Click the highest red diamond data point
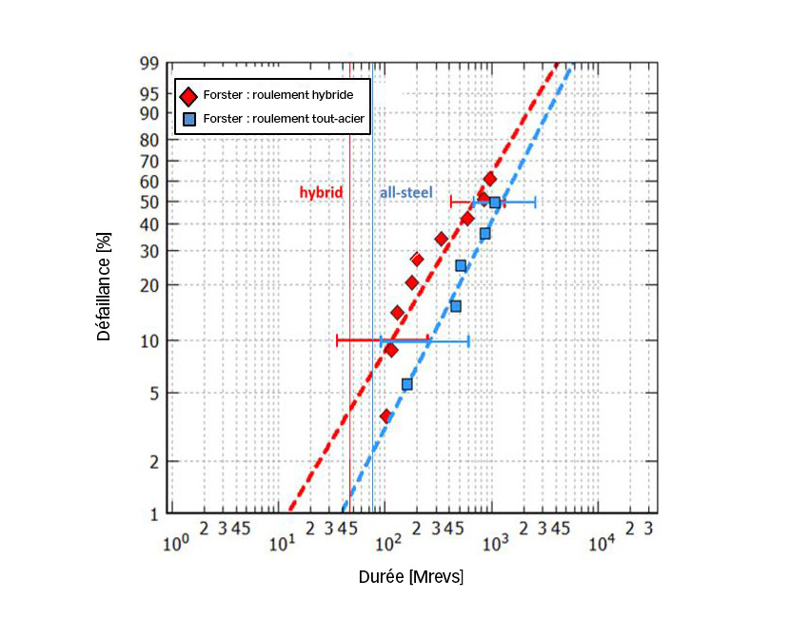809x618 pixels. click(490, 179)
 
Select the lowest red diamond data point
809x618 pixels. click(385, 416)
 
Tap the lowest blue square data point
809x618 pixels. click(407, 384)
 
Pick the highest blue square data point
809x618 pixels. click(495, 203)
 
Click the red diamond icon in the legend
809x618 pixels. click(188, 96)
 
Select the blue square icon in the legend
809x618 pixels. click(189, 120)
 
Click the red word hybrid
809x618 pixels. click(321, 192)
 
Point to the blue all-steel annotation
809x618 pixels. click(406, 192)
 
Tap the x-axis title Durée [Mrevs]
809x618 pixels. click(411, 577)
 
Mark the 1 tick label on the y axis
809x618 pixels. click(152, 514)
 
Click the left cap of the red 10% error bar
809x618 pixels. click(337, 339)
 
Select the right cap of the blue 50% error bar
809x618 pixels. click(535, 202)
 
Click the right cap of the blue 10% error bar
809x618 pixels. click(468, 340)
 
